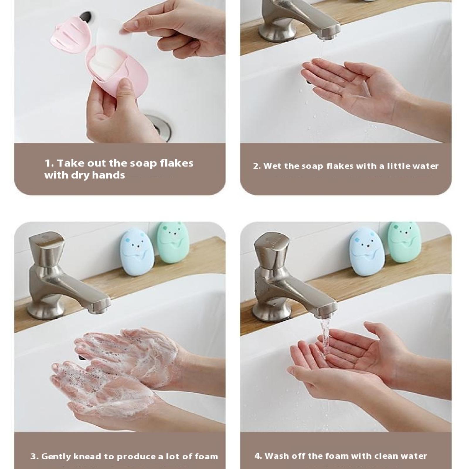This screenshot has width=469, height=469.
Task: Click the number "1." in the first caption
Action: coord(49,163)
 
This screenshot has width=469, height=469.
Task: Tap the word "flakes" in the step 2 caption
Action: coord(340,166)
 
